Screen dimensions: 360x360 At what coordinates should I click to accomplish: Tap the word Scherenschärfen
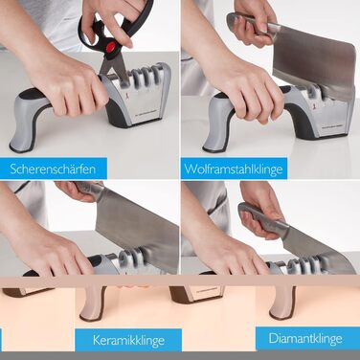point(53,169)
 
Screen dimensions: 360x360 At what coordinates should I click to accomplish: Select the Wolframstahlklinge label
point(234,169)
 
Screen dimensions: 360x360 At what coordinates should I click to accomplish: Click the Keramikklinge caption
point(128,340)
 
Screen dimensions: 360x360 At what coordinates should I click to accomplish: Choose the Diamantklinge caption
point(305,338)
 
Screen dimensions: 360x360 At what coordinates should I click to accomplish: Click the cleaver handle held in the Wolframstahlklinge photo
point(252,25)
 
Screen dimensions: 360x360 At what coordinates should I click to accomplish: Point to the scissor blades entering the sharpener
point(115,70)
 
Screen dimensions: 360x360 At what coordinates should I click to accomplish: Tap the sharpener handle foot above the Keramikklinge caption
point(93,304)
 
